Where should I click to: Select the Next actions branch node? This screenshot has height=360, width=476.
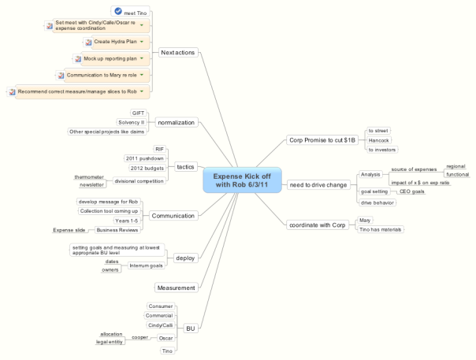[177, 53]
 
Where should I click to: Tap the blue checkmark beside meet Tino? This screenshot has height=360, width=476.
[118, 12]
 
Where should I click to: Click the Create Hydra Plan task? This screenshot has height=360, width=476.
[115, 41]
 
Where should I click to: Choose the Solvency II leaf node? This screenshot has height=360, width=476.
[131, 122]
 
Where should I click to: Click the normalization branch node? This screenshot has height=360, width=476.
[176, 123]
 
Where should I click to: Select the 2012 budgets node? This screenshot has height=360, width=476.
[147, 169]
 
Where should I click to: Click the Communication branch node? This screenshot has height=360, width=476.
[173, 215]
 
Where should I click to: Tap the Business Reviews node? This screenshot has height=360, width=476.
[117, 230]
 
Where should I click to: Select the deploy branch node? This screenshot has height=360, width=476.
[186, 258]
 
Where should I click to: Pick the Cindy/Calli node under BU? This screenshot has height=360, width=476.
[161, 325]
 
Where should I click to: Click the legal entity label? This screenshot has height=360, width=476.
[110, 342]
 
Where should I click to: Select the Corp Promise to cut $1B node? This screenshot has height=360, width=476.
[322, 139]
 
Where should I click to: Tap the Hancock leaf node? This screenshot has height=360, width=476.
[379, 139]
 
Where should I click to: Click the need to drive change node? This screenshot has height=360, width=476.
[318, 184]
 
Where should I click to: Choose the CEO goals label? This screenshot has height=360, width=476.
[412, 191]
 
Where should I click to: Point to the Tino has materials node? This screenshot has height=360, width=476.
[381, 229]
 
